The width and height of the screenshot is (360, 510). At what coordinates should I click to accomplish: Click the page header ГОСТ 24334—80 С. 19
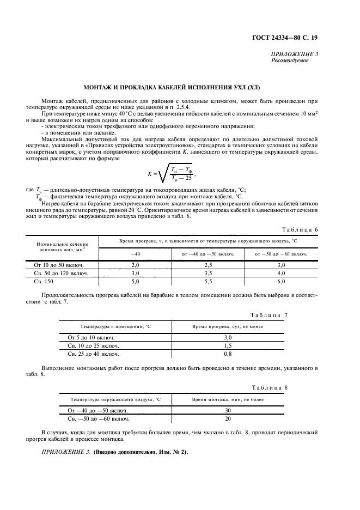click(292, 38)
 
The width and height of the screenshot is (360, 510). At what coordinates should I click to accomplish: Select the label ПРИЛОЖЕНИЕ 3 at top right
click(294, 54)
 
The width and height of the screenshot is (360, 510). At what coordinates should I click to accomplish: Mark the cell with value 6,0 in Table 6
click(281, 281)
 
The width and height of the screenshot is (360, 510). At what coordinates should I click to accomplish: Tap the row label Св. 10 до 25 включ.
click(93, 345)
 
